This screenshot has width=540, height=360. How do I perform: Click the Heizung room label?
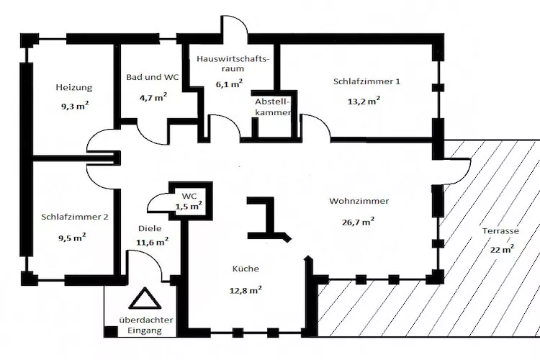tap(73, 88)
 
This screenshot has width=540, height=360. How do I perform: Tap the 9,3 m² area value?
tap(73, 105)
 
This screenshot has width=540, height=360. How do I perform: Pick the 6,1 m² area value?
tap(228, 83)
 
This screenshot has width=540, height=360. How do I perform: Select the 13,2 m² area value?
tap(364, 102)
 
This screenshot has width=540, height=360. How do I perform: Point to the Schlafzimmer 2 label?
tap(75, 216)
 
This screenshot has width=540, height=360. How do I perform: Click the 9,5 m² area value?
tap(73, 235)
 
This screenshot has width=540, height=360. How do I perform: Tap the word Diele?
tap(150, 229)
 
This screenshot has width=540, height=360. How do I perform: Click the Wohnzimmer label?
tap(359, 201)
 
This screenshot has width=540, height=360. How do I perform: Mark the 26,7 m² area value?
tap(358, 222)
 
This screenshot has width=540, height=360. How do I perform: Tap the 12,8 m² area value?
tap(246, 290)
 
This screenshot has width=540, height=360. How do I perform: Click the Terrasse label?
tap(502, 231)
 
